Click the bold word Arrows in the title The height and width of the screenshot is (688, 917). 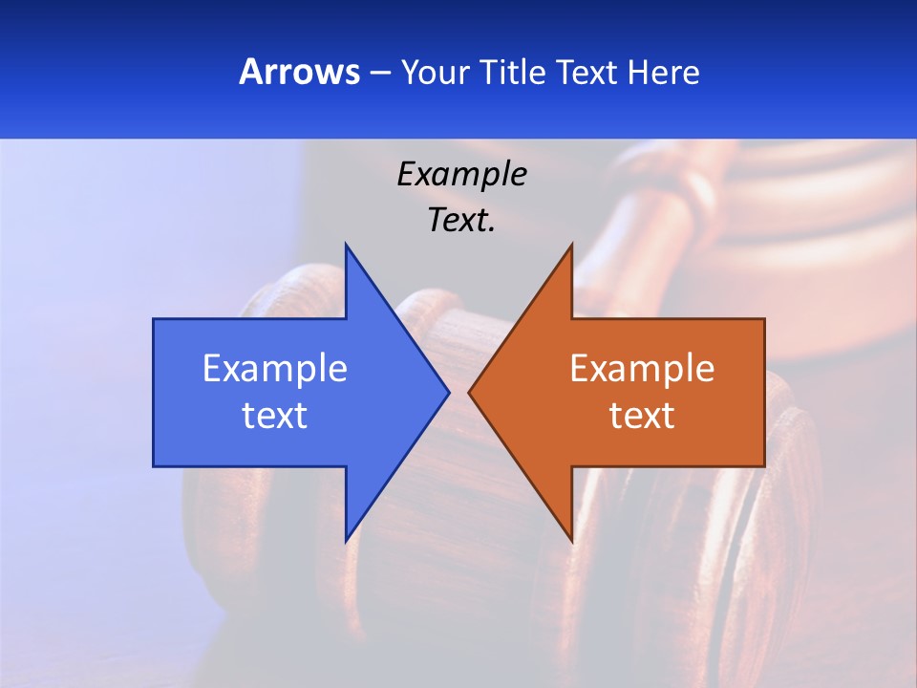point(298,72)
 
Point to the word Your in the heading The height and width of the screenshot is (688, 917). point(436,72)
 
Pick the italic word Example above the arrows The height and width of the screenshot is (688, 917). point(461,174)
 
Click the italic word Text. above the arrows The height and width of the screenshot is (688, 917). point(461,220)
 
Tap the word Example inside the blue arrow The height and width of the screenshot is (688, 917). point(275,368)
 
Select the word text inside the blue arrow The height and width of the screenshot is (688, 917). point(275,416)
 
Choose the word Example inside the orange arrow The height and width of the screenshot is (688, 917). point(642,368)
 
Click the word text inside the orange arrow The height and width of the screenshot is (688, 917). point(642,416)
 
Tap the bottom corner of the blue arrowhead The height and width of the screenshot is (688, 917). point(347,540)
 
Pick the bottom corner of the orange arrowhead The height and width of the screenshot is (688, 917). point(571,540)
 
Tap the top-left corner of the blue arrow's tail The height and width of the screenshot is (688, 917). point(154,319)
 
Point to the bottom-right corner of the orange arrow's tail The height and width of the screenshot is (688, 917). point(763,465)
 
